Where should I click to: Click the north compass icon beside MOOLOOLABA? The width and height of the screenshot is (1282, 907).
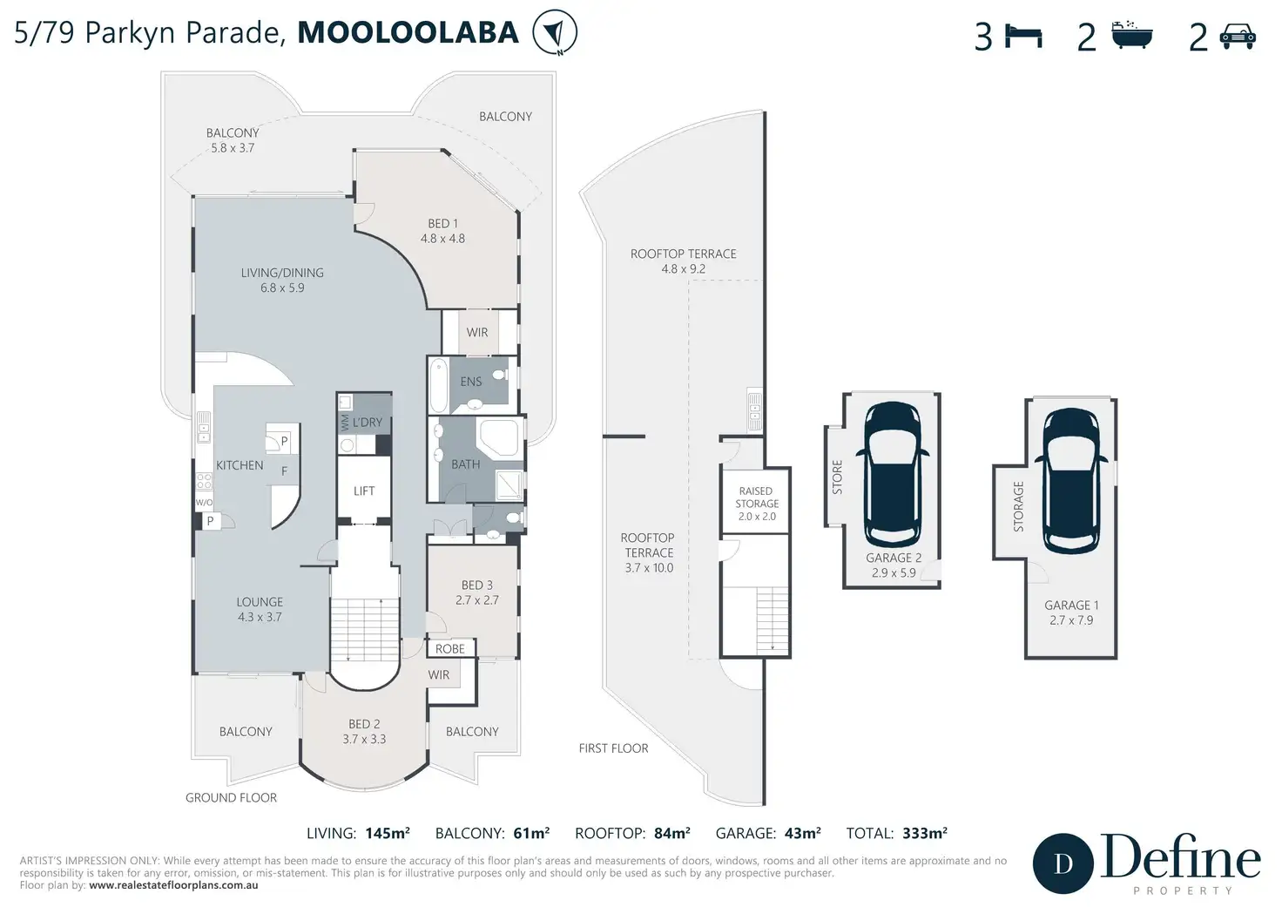tap(555, 32)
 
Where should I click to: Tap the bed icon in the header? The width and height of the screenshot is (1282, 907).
tap(1023, 37)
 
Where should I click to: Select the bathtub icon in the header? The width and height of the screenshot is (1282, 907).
tap(1131, 35)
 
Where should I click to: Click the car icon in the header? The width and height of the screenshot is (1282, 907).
tap(1238, 36)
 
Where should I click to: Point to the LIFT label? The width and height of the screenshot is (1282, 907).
tap(364, 491)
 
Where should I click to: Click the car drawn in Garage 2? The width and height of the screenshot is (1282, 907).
tap(892, 474)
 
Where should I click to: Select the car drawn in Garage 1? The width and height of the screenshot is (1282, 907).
tap(1071, 480)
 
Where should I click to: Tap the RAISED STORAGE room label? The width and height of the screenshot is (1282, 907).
tap(757, 497)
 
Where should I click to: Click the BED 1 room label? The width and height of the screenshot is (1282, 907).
tap(442, 223)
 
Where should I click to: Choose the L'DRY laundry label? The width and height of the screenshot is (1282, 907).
tap(368, 422)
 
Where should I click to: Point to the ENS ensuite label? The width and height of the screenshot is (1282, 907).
tap(471, 382)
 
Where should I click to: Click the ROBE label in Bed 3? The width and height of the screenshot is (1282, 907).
tap(450, 649)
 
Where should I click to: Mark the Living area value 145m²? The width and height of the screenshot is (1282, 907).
tap(388, 833)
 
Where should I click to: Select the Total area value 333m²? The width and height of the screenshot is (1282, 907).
tap(925, 833)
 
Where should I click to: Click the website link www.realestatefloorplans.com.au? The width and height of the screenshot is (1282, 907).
tap(173, 885)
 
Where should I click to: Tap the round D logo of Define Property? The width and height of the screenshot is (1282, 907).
tap(1063, 863)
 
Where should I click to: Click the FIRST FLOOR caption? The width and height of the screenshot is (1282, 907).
tap(613, 748)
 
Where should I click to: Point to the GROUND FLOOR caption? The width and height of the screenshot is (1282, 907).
tap(231, 797)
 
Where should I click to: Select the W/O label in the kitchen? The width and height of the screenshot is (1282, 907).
tap(205, 503)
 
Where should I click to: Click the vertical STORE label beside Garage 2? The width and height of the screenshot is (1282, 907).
tap(837, 477)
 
